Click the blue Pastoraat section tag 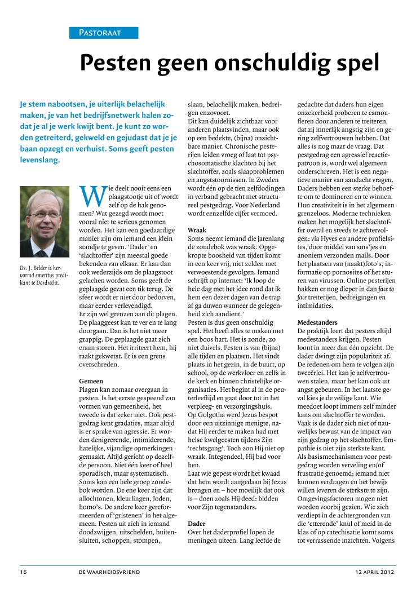pyautogui.click(x=104, y=33)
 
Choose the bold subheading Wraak pyautogui.click(x=197, y=231)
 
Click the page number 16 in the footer pyautogui.click(x=23, y=572)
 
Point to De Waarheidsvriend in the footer pyautogui.click(x=110, y=572)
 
